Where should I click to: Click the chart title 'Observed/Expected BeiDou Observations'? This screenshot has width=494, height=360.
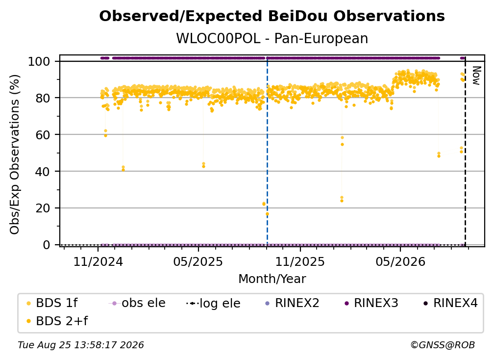[x=272, y=16]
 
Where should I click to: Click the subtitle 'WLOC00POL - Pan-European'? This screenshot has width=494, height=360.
[x=272, y=38]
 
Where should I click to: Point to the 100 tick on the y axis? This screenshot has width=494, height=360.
[x=44, y=61]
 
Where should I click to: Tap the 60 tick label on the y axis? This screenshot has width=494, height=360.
[x=43, y=134]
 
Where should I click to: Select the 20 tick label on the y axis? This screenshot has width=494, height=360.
[x=43, y=208]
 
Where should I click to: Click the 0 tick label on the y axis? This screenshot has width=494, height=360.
[x=46, y=245]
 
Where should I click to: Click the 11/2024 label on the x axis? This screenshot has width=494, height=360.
[x=98, y=261]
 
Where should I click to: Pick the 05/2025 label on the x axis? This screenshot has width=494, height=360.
[x=198, y=261]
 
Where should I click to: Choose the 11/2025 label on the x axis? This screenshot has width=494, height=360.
[x=300, y=261]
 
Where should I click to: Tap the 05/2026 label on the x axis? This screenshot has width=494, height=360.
[x=400, y=261]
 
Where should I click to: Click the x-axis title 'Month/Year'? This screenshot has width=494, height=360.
[x=272, y=279]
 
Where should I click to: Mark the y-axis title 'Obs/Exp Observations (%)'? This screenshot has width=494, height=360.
[x=15, y=154]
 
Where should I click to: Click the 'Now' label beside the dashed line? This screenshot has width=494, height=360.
[x=476, y=76]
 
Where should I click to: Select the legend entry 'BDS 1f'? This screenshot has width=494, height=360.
[x=52, y=303]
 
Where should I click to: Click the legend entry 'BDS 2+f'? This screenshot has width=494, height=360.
[x=57, y=321]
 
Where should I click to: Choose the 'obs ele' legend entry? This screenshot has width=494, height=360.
[x=137, y=303]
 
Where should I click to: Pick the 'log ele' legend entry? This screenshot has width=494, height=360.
[x=213, y=303]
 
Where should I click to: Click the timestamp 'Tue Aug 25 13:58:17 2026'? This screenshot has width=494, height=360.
[x=81, y=345]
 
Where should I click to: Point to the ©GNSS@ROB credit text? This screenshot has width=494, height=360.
[x=443, y=345]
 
